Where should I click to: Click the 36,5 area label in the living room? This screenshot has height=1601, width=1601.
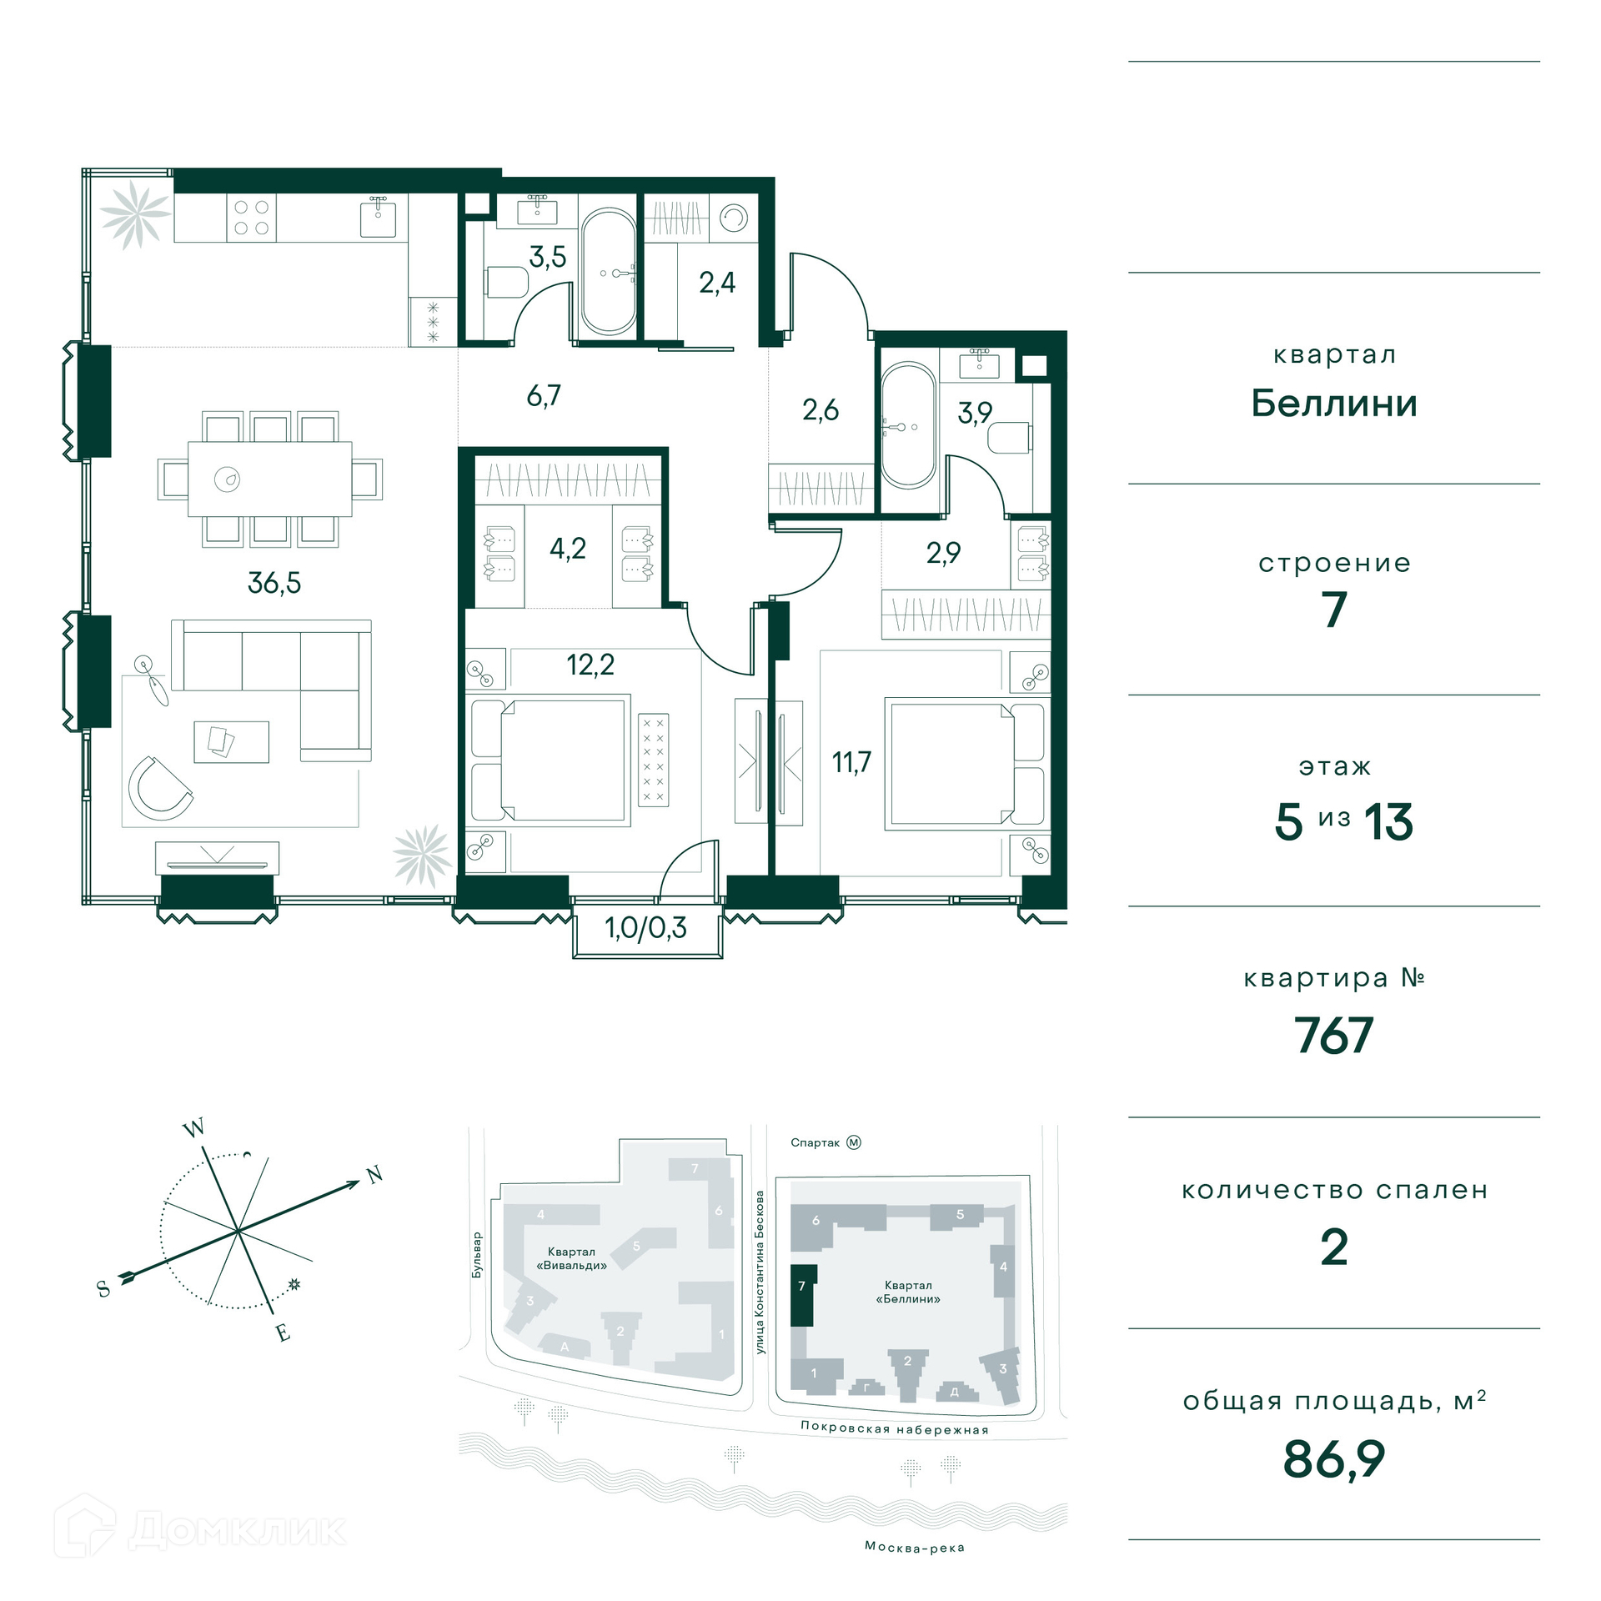(x=274, y=583)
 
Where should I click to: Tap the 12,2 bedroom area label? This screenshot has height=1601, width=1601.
(x=590, y=665)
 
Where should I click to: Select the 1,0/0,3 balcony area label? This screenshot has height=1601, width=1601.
(x=646, y=928)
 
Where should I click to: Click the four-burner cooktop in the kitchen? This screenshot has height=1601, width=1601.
(x=251, y=218)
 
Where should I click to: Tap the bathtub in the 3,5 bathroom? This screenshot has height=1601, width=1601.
(x=610, y=272)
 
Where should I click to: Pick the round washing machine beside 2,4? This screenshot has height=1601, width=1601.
(x=735, y=218)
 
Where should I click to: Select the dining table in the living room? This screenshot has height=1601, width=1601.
(x=270, y=479)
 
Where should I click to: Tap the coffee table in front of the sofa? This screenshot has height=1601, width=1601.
(x=232, y=741)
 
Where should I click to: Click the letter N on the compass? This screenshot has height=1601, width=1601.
(x=375, y=1175)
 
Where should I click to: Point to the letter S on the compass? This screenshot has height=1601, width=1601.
(x=103, y=1288)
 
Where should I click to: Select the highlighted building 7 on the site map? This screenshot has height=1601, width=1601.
(x=802, y=1295)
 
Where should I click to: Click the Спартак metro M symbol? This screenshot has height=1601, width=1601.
(x=854, y=1142)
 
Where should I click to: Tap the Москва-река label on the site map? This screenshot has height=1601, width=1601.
(x=915, y=1548)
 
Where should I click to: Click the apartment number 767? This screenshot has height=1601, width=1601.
(x=1333, y=1036)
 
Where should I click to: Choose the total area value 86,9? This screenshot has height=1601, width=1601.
(x=1334, y=1459)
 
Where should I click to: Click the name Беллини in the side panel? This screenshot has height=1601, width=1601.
(x=1334, y=404)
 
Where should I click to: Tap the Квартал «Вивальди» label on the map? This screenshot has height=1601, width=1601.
(x=572, y=1258)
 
